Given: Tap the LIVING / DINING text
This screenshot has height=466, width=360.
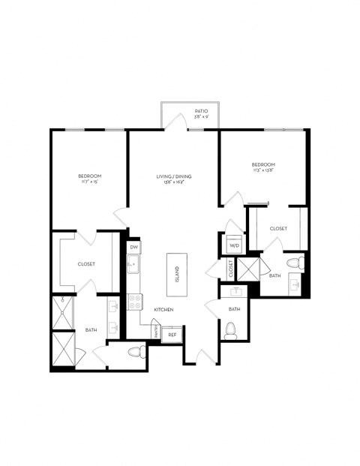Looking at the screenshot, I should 174,177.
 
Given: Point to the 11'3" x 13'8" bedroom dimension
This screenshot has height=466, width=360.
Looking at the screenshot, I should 262,170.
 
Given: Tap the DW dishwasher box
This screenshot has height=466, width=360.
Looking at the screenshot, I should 133,247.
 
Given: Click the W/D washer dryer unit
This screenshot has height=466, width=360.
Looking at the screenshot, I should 233,245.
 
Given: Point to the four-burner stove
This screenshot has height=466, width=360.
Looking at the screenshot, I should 136,302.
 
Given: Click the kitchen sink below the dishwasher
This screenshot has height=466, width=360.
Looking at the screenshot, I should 133,264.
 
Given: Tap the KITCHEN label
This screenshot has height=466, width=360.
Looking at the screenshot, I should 164,309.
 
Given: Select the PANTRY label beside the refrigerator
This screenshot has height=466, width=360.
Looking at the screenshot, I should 155,331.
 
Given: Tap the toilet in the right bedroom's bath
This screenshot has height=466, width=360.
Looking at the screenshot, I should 301,263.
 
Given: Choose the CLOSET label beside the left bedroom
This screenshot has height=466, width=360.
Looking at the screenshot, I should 85,264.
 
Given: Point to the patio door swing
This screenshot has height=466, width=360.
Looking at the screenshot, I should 177,121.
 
